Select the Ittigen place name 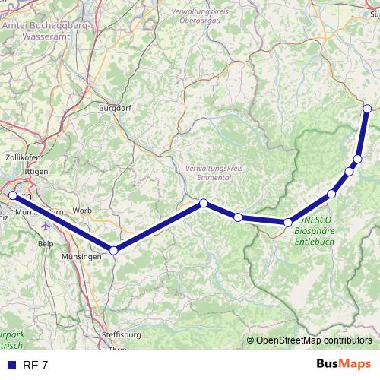pos(35,172)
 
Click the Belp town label pos(45,245)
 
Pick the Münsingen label pos(81,258)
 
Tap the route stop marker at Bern pos(13,195)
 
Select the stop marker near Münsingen pos(113,250)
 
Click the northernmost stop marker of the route pos(367,109)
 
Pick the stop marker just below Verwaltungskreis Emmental pos(204,202)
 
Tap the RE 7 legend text pos(35,366)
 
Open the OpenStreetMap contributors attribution pos(314,340)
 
